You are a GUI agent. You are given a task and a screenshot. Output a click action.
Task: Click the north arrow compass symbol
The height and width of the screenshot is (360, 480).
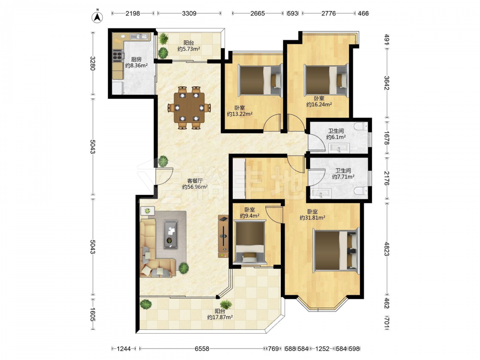(x=97, y=16)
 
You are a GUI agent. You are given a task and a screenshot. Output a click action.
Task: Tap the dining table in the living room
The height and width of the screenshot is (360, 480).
(x=189, y=107)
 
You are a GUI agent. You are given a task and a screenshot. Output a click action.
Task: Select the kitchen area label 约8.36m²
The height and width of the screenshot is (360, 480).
(x=136, y=65)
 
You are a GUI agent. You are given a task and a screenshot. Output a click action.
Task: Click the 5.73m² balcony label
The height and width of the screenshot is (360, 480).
(x=189, y=48)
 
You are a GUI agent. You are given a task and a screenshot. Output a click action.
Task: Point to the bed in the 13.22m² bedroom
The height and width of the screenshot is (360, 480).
(x=260, y=81)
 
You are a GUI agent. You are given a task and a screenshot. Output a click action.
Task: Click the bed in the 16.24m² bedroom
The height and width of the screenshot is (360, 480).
(x=326, y=81)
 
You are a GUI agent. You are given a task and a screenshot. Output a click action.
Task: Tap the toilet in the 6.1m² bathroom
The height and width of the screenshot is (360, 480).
(x=361, y=126)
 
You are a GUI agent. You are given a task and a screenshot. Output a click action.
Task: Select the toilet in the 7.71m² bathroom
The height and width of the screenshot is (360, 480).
(x=361, y=191)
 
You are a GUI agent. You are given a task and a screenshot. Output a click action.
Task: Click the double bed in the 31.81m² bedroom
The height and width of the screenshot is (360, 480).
(x=336, y=250)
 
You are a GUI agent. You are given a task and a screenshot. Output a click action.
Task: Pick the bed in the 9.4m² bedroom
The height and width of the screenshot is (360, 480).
(x=250, y=242)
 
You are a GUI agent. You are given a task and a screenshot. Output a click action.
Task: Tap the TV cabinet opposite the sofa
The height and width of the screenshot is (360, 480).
(x=223, y=236)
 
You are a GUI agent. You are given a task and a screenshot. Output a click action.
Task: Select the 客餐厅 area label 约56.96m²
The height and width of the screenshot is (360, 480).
(x=195, y=187)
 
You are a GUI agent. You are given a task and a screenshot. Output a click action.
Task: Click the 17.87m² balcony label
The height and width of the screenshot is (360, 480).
(x=220, y=317)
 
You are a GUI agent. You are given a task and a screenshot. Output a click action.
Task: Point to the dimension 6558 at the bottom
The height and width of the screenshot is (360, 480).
(x=202, y=348)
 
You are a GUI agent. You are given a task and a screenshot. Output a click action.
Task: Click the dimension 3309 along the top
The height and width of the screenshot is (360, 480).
(x=189, y=13)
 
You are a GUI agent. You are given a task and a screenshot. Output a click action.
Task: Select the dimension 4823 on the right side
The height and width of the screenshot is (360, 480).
(x=386, y=249)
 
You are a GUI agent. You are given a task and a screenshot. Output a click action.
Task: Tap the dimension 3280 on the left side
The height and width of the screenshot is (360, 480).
(x=93, y=63)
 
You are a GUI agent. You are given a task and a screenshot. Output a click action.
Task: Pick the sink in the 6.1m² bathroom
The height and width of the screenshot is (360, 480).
(x=339, y=148)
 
